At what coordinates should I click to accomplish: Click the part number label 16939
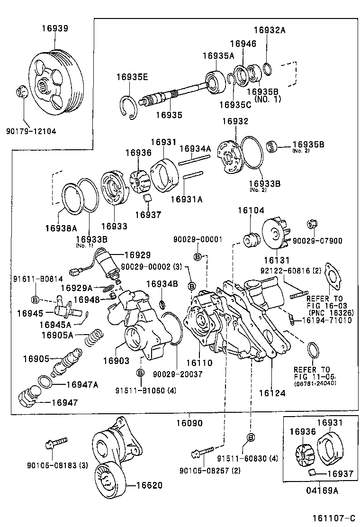[54, 28]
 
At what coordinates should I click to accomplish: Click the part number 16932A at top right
[270, 29]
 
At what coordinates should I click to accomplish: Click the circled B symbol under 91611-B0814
[35, 299]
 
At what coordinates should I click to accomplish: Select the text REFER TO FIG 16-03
[324, 302]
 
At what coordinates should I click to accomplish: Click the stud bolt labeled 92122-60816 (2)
[297, 297]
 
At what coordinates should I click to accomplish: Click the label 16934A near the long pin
[195, 149]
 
